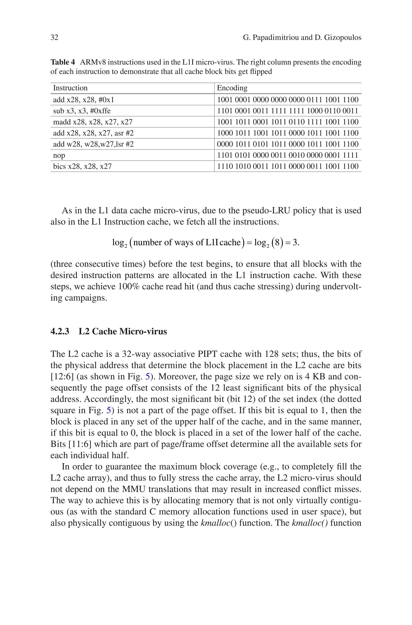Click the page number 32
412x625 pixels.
coord(54,38)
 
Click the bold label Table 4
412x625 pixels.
coord(63,62)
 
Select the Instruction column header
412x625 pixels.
coord(70,88)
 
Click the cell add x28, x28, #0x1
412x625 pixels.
coord(83,100)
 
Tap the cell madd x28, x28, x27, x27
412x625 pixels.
coord(93,122)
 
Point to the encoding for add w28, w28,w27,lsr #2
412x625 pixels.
coord(287,144)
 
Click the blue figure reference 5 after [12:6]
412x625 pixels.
coord(147,377)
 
